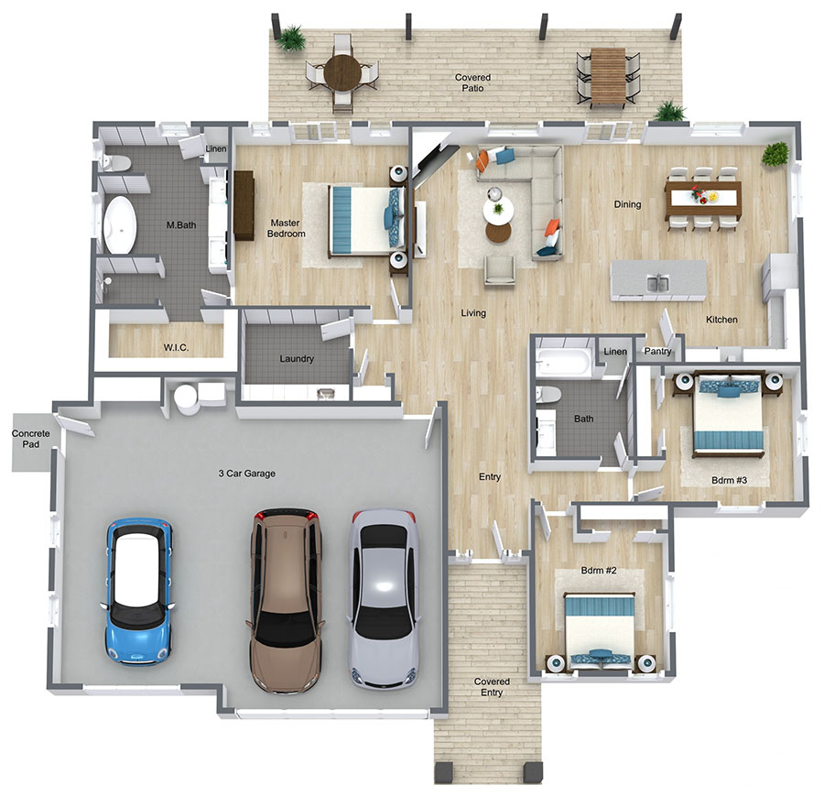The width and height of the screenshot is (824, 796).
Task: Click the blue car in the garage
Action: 138,592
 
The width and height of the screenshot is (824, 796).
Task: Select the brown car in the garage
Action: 286,601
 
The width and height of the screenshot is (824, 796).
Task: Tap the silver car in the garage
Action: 385,599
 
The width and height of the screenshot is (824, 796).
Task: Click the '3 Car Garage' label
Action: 247,474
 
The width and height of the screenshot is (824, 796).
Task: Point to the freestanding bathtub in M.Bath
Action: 120,225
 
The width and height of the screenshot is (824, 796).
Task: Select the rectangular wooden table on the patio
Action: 608,78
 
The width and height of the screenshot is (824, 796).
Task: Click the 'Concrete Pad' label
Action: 30,439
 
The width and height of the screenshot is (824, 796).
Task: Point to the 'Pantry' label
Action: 657,351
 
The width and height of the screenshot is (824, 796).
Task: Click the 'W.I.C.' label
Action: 176,347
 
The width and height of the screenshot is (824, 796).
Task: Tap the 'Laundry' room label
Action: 297,358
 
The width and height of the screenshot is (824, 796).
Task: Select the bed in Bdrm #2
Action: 600,631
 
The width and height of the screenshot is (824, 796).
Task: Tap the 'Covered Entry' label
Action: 492,687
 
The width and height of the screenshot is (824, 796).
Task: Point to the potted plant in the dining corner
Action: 775,154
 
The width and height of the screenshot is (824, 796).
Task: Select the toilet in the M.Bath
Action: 115,163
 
